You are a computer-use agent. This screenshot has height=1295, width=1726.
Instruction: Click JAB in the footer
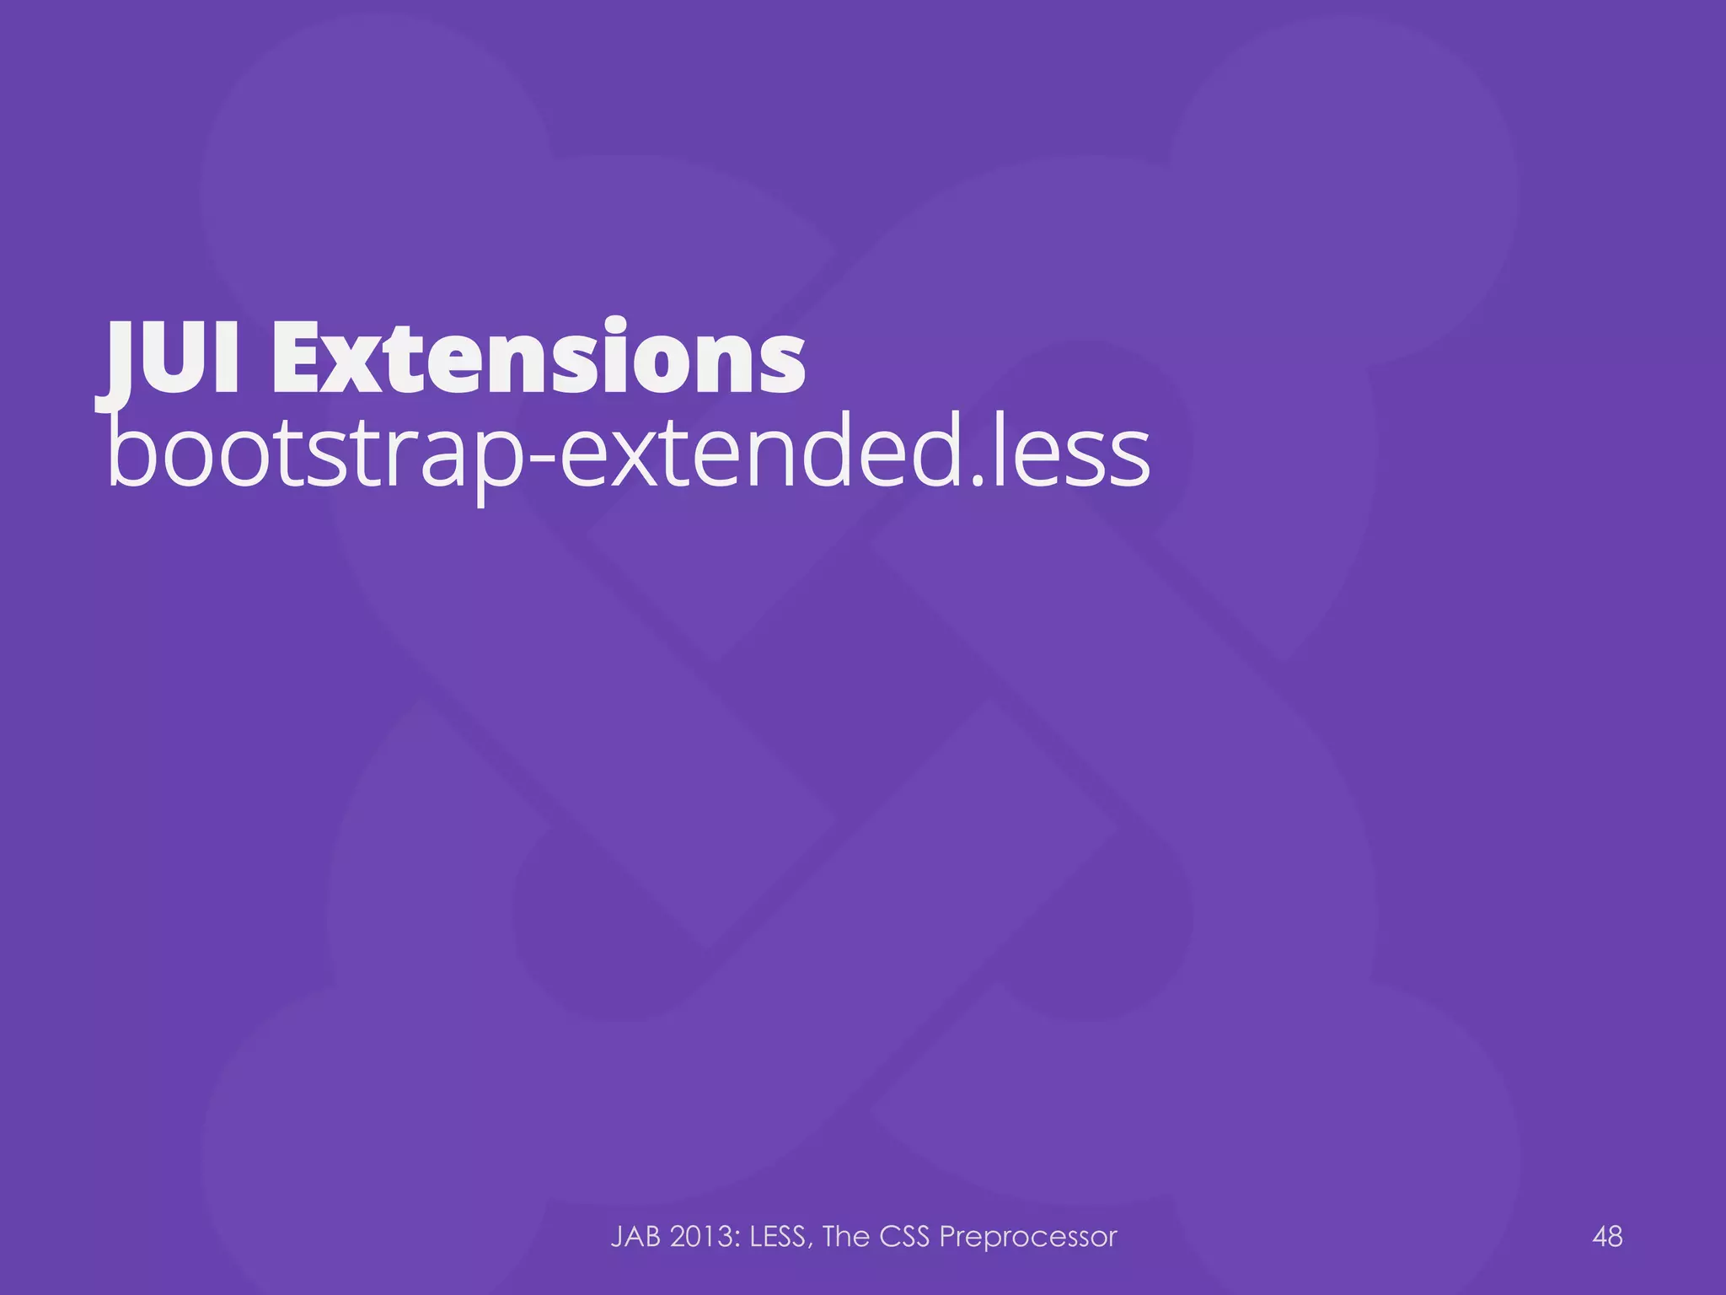coord(635,1237)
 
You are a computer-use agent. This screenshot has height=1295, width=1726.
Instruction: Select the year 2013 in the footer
coord(705,1237)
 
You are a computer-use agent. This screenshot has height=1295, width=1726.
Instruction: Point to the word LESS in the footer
coord(781,1237)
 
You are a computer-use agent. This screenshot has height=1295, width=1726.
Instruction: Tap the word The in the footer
coord(846,1237)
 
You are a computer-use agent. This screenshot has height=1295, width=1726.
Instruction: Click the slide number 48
coord(1607,1237)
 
